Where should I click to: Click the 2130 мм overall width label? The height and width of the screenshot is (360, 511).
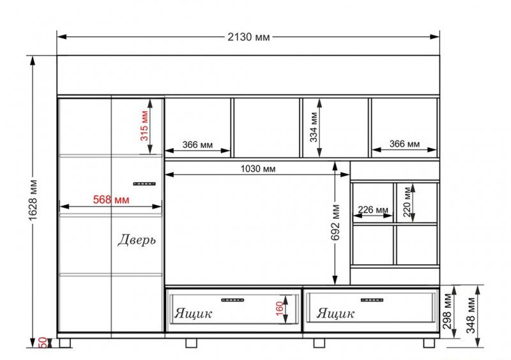click(248, 37)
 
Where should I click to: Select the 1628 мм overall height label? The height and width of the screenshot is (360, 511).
click(33, 200)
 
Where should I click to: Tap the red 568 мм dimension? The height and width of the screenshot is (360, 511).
click(111, 199)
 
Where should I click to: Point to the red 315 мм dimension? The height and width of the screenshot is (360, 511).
click(144, 126)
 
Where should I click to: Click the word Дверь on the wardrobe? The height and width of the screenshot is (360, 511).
click(137, 240)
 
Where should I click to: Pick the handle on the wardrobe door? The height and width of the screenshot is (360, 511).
click(144, 184)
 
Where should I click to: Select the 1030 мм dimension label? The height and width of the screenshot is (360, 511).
click(258, 169)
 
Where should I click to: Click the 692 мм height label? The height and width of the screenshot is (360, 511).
click(335, 223)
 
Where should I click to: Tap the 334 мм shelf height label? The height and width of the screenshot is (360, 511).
click(314, 127)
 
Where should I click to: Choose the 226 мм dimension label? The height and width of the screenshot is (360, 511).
click(373, 209)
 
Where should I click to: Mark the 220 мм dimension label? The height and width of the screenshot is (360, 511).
click(406, 202)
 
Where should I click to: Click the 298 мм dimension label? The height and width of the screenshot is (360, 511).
click(447, 311)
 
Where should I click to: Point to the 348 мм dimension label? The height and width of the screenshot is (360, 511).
click(471, 315)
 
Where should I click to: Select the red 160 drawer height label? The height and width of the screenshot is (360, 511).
click(280, 308)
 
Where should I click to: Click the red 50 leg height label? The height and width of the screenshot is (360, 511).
click(43, 342)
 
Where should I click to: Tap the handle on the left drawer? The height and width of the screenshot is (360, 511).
click(233, 300)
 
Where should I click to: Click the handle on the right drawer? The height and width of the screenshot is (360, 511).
click(372, 300)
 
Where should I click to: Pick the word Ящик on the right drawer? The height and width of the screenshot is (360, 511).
click(335, 313)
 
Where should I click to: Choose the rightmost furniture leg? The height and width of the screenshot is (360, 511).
click(429, 343)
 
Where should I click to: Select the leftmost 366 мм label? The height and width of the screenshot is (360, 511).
click(197, 145)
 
